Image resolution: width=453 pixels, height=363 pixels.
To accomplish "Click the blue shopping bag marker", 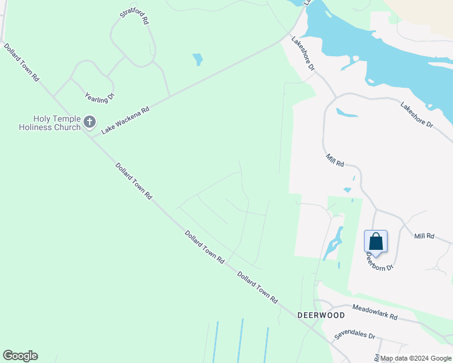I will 375,241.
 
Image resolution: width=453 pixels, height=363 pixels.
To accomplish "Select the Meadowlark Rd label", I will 375,312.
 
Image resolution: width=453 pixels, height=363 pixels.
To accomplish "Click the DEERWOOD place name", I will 321,315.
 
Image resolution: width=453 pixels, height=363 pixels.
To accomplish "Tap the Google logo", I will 20,356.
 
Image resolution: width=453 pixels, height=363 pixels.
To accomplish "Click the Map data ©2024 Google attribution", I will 416,358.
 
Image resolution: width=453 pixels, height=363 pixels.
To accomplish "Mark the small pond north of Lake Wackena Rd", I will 197,59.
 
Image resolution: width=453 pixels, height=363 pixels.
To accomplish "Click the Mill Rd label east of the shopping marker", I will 425,235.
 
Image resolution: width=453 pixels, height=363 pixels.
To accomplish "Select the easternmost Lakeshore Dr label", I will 417,114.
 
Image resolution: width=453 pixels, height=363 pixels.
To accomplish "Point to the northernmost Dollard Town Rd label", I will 22,62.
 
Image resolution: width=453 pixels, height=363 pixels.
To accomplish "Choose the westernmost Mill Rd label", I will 335,160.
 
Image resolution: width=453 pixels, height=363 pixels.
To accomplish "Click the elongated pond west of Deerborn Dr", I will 332,243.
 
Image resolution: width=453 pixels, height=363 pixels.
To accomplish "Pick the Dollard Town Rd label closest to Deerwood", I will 257,287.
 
